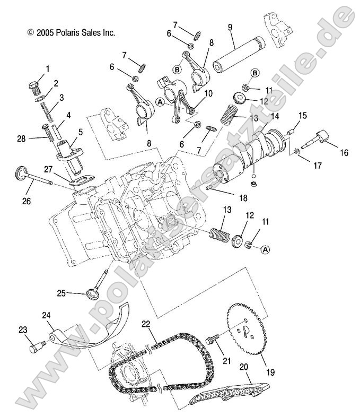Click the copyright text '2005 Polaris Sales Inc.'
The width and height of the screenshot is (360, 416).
click(71, 32)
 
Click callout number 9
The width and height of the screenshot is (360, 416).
click(230, 28)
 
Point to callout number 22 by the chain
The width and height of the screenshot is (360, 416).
click(145, 323)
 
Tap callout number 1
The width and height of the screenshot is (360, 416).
click(47, 68)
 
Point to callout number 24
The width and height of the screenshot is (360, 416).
click(46, 315)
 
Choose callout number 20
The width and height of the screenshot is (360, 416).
click(244, 366)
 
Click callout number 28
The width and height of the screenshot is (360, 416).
click(21, 138)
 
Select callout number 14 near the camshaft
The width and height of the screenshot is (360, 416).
click(273, 116)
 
